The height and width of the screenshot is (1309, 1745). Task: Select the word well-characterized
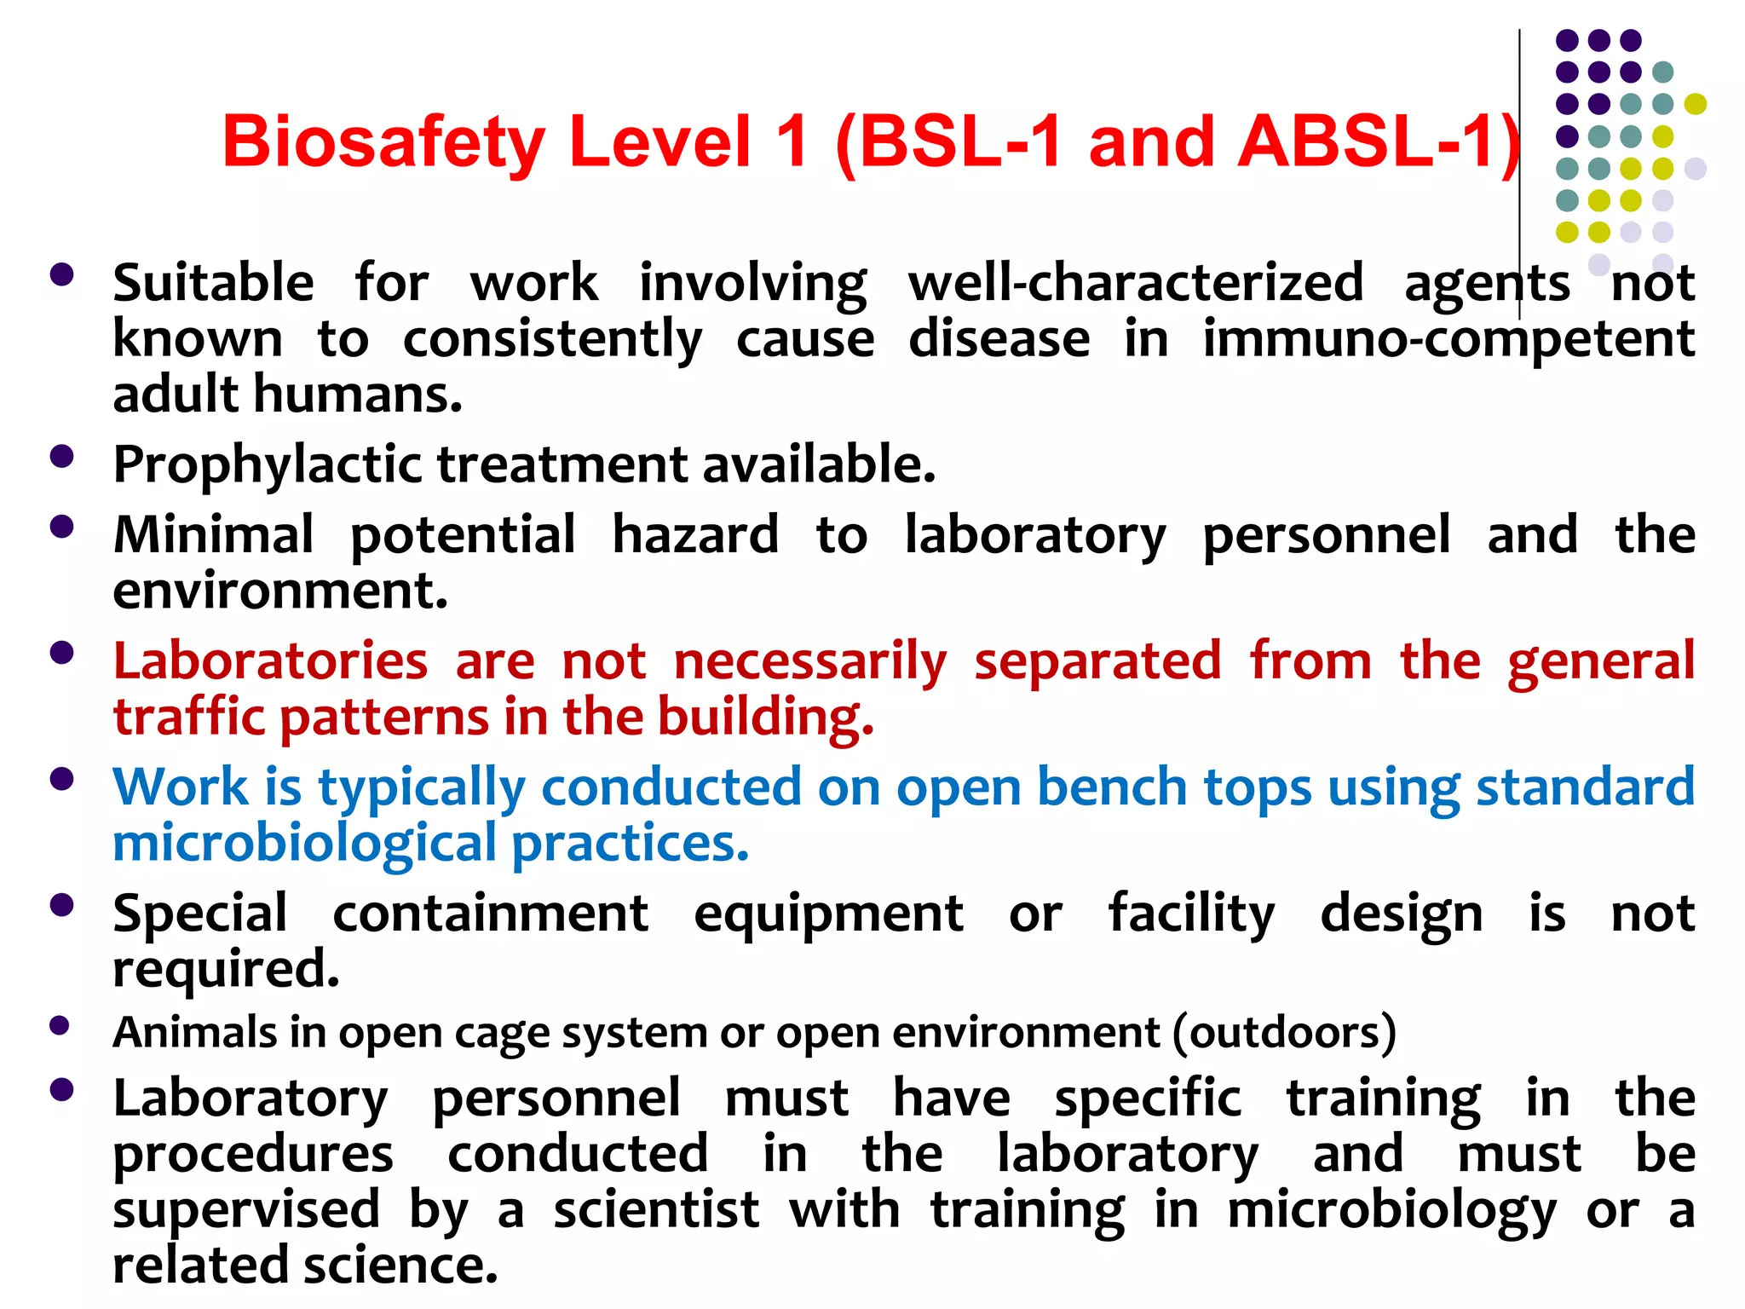click(1135, 284)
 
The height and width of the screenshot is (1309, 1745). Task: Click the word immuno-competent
click(1448, 340)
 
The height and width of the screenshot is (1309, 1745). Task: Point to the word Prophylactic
click(268, 466)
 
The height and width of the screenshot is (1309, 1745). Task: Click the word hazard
click(695, 535)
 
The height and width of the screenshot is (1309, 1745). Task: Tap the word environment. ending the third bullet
click(280, 591)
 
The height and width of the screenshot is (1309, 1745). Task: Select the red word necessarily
click(809, 662)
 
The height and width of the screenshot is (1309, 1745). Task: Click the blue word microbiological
click(304, 844)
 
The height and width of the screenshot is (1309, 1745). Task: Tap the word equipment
click(828, 914)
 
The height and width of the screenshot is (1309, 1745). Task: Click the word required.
click(226, 970)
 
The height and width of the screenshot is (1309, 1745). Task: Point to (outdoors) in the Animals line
click(1284, 1033)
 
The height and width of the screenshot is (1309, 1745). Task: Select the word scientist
click(655, 1210)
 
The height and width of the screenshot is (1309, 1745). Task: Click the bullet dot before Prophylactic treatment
click(61, 456)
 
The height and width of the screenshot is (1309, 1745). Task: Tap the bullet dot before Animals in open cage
click(60, 1025)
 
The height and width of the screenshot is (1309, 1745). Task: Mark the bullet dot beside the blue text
click(61, 779)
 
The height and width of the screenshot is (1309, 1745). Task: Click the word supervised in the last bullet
click(246, 1210)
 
